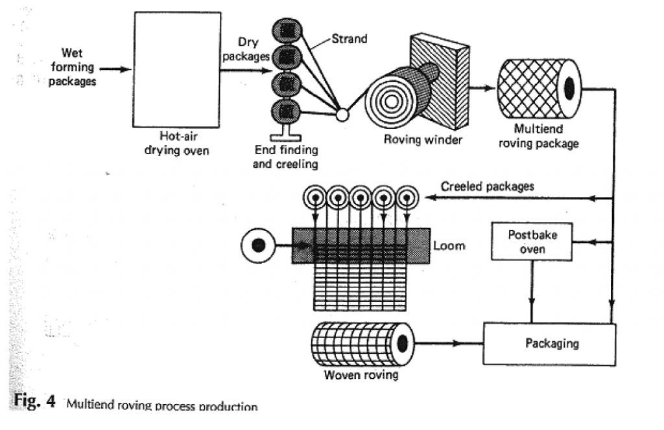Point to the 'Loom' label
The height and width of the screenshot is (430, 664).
pos(449,246)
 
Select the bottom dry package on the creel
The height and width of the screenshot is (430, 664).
pos(287,111)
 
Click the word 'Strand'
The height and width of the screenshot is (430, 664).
pos(349,39)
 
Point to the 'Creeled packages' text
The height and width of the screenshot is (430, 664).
pos(487,187)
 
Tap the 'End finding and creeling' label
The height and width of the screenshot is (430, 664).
pos(285,157)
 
